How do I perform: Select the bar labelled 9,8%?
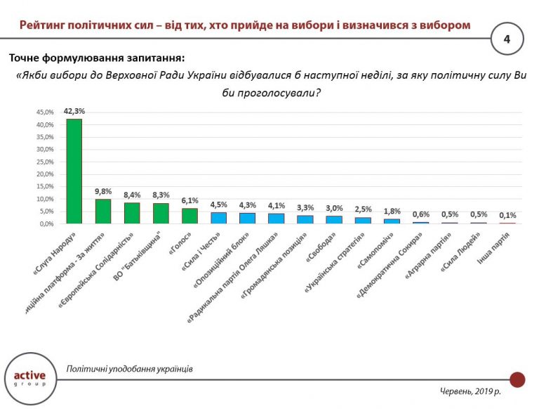(x=103, y=212)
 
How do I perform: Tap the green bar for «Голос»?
(x=189, y=216)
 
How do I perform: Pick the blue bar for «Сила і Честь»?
(x=218, y=218)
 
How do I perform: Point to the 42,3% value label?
(x=74, y=111)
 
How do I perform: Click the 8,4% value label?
(x=132, y=195)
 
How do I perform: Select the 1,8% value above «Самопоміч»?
(x=392, y=212)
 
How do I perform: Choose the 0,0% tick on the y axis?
(x=45, y=223)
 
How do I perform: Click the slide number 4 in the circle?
(x=506, y=39)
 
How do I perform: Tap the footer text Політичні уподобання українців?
(x=129, y=369)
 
